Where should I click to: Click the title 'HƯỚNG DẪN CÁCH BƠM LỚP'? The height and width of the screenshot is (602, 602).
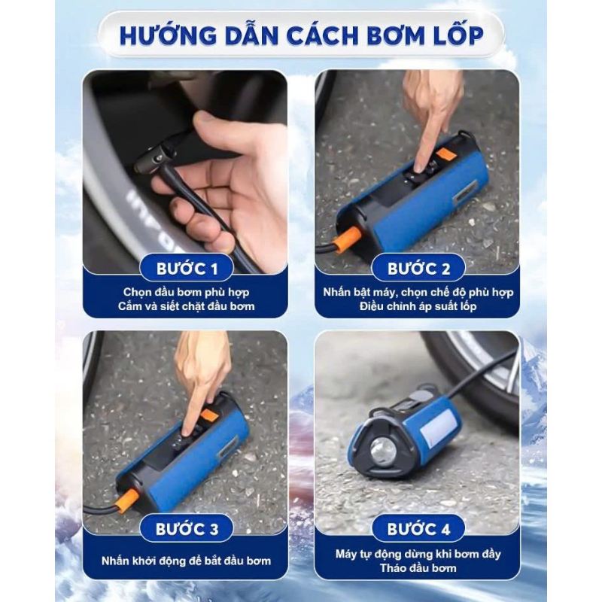pos(302,35)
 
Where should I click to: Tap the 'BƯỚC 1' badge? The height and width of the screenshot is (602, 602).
pos(187,268)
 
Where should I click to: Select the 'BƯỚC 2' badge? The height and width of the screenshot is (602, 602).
pos(418,268)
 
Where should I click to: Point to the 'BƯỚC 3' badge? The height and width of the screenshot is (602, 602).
pos(187,529)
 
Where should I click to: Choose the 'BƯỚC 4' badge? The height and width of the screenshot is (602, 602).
pos(418,529)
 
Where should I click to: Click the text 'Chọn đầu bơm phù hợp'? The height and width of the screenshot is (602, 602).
pos(186,292)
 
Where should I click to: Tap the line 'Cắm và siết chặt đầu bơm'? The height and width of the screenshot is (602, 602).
pos(186,306)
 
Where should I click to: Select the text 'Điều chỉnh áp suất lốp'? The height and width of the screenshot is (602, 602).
pos(418,306)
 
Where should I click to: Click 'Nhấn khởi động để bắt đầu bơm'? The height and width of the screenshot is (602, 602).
pos(186,561)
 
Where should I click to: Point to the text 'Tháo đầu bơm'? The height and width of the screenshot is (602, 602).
pos(418,568)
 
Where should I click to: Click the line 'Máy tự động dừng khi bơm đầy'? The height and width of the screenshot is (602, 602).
pos(418,554)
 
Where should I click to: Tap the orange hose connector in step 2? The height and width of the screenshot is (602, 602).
pos(346,239)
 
